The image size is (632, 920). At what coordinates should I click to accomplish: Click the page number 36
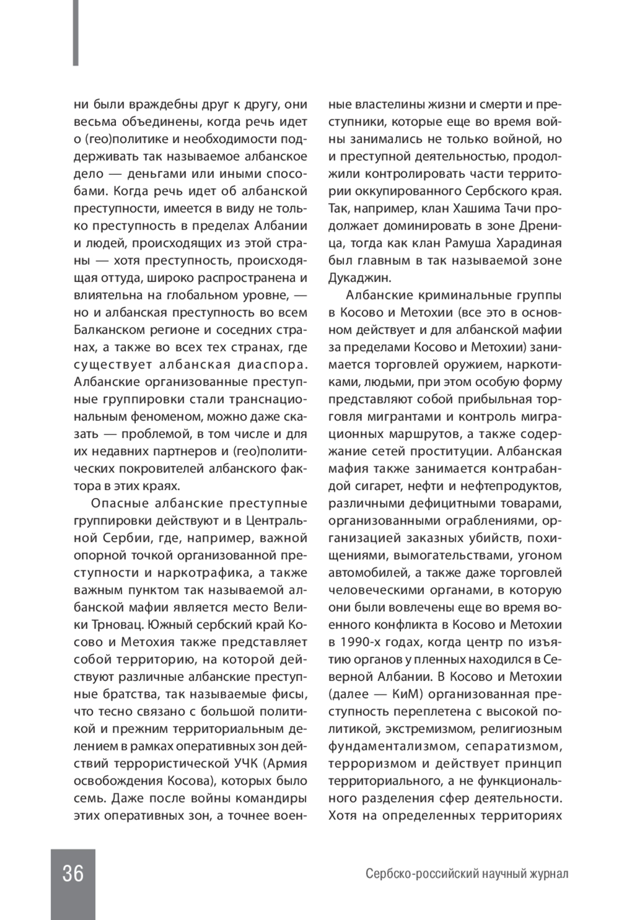[73, 874]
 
